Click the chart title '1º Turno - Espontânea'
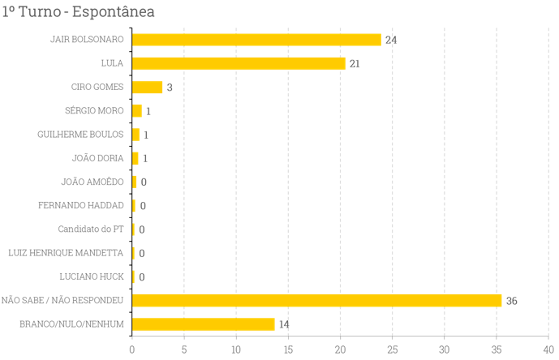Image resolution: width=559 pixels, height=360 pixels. click(79, 12)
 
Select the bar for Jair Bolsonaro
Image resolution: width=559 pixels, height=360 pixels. click(256, 40)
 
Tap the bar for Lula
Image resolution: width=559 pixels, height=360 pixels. click(239, 63)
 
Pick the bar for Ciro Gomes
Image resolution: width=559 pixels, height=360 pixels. click(147, 88)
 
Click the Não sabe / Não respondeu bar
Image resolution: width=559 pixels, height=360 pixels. click(316, 301)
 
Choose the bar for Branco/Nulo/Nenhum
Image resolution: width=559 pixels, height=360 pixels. click(204, 324)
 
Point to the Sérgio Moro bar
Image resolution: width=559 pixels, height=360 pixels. click(137, 111)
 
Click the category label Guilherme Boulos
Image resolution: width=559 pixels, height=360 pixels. click(80, 135)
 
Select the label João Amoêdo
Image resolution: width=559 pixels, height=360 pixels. click(92, 182)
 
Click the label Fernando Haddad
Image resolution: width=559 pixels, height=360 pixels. click(81, 206)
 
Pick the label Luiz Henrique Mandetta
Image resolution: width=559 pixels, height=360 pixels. click(66, 253)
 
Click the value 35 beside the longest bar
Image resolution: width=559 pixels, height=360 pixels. click(511, 301)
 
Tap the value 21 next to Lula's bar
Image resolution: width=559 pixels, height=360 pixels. click(354, 64)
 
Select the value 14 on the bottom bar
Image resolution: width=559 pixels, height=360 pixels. click(284, 324)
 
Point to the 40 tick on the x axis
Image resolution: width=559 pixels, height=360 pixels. click(548, 349)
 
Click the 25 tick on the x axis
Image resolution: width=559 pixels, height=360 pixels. click(393, 349)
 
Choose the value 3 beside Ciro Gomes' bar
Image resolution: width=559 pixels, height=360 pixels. click(170, 88)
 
